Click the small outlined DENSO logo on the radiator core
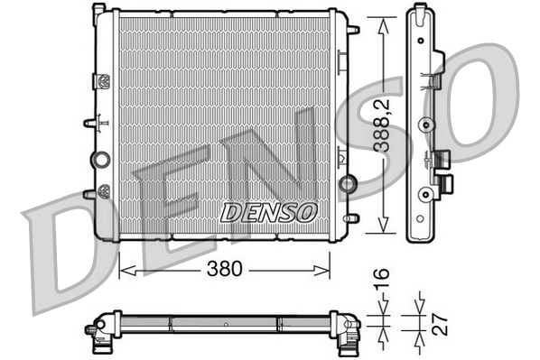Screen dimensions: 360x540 (269, 212)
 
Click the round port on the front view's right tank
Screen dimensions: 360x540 (346, 184)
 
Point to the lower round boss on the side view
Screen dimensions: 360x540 (424, 191)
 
